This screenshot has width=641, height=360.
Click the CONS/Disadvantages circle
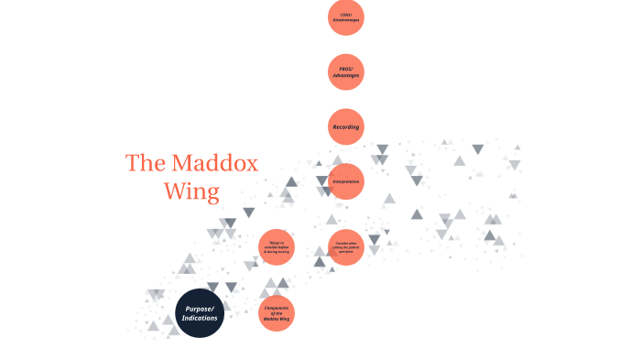pos(346,17)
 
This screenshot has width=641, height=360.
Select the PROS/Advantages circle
pos(346,72)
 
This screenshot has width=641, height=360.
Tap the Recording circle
pos(346,126)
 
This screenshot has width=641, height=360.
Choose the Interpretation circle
pos(346,181)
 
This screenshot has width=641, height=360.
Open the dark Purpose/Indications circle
pos(200,312)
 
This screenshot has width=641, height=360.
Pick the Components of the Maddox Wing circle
pos(277,312)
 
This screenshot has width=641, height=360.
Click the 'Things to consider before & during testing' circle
pos(277,247)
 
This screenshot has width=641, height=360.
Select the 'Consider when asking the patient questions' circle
pos(346,247)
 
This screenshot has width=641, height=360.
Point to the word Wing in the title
pos(191,192)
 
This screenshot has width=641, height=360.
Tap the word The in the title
pos(145,164)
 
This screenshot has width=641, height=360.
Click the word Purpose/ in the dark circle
pos(200,308)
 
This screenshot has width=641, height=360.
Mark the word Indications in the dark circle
pos(200,317)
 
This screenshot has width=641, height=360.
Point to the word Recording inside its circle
pos(346,126)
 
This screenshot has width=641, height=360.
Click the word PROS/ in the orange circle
pos(346,69)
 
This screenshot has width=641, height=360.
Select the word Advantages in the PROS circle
pos(346,75)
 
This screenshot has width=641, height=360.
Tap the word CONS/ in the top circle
pos(346,14)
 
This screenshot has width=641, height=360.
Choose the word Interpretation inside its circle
pos(346,181)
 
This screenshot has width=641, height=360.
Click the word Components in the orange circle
pos(277,307)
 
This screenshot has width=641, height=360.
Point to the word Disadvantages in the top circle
pos(346,20)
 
